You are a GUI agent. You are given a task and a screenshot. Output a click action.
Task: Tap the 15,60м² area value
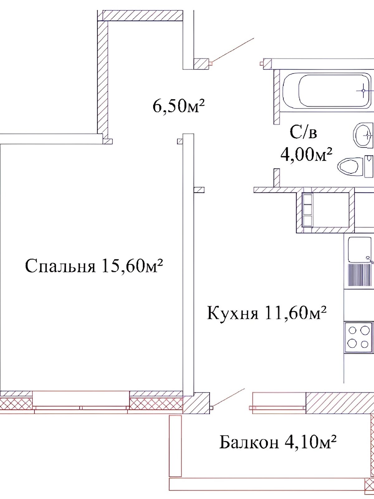[133, 266]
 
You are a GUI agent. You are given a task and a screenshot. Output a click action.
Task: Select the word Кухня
[233, 313]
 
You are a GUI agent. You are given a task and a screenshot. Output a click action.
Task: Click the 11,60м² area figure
[295, 312]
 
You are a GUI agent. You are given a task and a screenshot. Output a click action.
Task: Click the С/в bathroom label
[303, 133]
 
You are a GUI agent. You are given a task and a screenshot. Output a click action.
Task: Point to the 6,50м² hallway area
[179, 106]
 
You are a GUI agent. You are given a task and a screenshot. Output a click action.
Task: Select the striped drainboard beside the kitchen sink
[360, 275]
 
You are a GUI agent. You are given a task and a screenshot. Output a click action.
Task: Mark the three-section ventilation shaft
[308, 210]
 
